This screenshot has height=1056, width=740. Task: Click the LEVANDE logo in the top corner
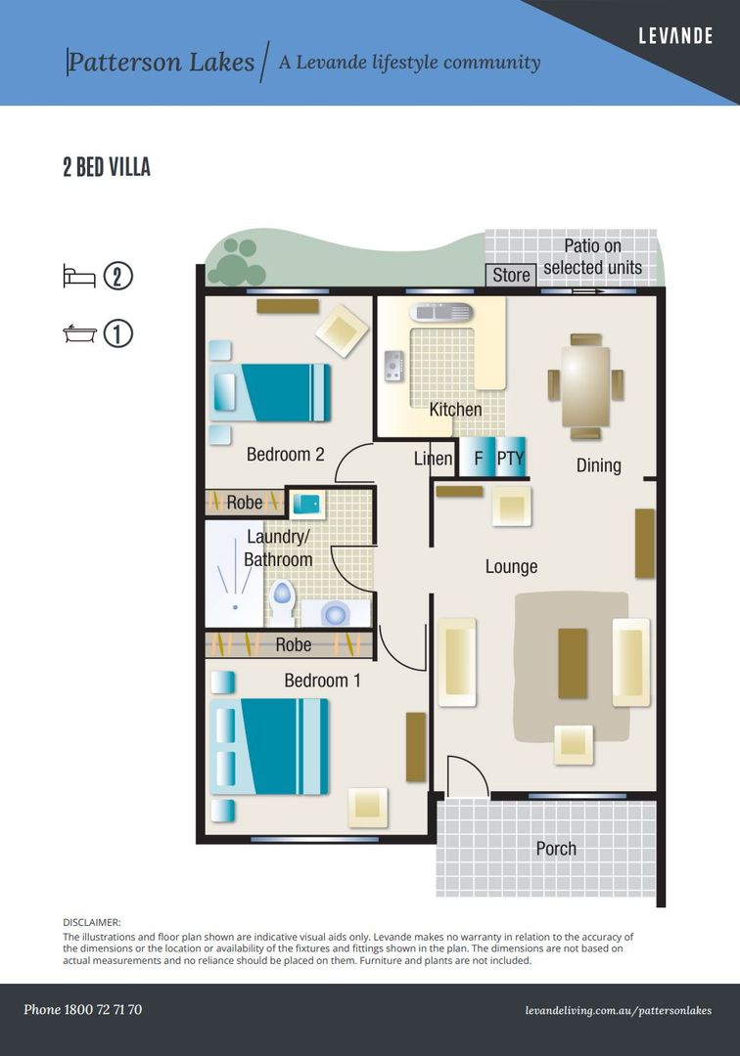click(x=675, y=36)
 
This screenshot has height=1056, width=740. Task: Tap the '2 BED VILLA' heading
click(x=107, y=167)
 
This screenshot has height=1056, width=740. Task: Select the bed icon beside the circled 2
click(x=79, y=276)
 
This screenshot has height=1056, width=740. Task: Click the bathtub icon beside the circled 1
click(x=79, y=333)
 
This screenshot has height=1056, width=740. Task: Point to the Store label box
click(x=511, y=275)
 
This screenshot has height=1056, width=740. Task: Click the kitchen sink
click(x=441, y=312)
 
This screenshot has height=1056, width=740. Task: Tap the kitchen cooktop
click(x=394, y=366)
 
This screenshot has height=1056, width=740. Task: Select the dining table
click(x=585, y=386)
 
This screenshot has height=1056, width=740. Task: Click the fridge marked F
click(x=478, y=458)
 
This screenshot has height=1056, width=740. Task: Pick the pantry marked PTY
click(x=510, y=458)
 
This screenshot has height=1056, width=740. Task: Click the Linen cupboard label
click(x=433, y=459)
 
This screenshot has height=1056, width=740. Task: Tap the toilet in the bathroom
click(x=282, y=598)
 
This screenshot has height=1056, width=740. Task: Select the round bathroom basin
click(x=335, y=613)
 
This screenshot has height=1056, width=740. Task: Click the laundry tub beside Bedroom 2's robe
click(x=306, y=504)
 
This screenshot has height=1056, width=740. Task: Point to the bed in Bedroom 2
click(x=269, y=393)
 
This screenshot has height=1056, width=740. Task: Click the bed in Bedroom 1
click(x=269, y=746)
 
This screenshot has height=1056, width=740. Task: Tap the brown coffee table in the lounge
click(x=573, y=663)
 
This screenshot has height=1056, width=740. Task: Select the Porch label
click(x=556, y=849)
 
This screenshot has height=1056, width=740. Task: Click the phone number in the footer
click(x=83, y=1009)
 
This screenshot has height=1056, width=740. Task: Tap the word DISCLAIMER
click(x=92, y=923)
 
